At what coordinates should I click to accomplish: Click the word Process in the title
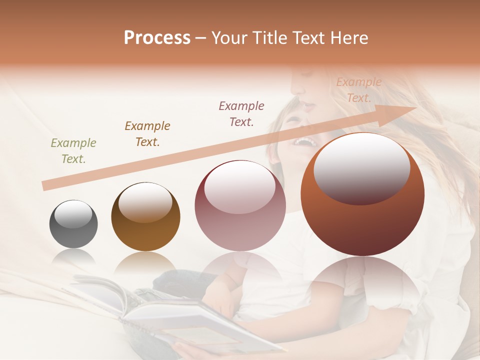[x=157, y=38]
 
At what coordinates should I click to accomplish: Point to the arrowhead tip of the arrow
[x=415, y=108]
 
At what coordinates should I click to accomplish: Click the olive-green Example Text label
[x=73, y=151]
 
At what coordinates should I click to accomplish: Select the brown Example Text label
[x=147, y=134]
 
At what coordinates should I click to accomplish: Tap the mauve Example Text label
[x=241, y=113]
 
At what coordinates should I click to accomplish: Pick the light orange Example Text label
[x=358, y=90]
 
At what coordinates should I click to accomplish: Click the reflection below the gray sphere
[x=73, y=257]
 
